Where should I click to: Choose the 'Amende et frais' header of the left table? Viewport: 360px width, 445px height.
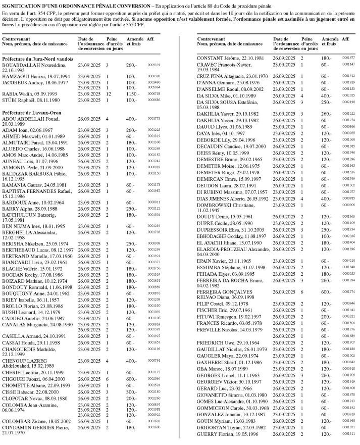(131, 41)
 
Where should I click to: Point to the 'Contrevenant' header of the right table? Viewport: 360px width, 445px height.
(210, 39)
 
